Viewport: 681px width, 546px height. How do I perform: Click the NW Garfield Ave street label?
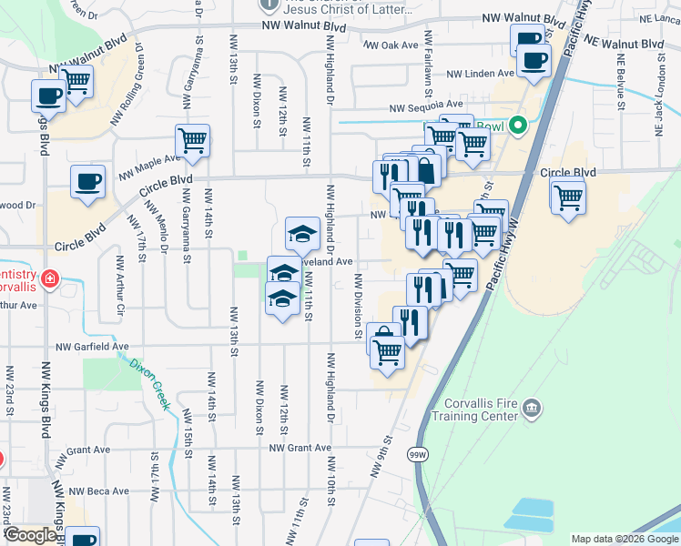click(x=92, y=347)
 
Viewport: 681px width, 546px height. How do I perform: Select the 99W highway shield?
click(x=418, y=454)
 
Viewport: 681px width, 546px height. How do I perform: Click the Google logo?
click(x=30, y=535)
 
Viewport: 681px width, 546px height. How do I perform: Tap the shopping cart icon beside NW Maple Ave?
click(x=192, y=141)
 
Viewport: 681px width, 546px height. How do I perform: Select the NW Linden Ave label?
click(x=481, y=74)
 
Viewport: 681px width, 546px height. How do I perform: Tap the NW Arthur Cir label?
click(x=119, y=288)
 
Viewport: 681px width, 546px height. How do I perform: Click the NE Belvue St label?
click(x=622, y=83)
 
